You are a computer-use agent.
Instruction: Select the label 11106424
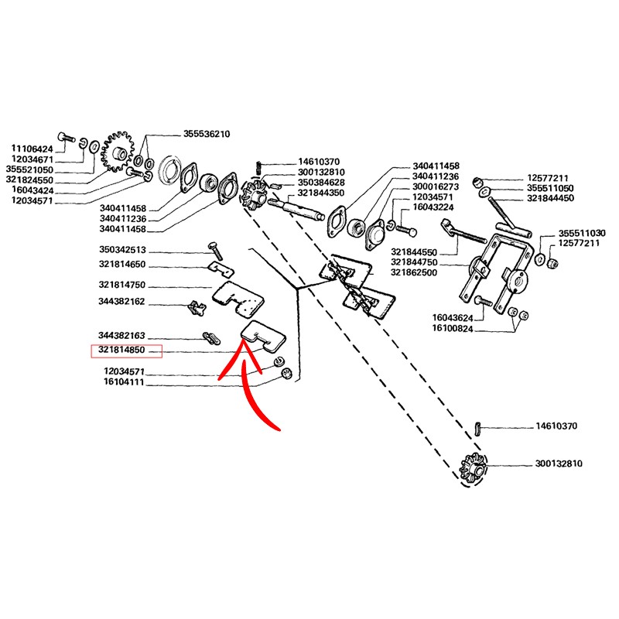(32, 148)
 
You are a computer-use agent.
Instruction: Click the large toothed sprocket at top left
(118, 153)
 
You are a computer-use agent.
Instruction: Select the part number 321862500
(418, 272)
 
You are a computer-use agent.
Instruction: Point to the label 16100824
(450, 329)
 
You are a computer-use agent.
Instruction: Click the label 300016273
(436, 186)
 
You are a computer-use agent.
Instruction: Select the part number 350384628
(321, 182)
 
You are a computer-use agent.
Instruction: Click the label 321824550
(32, 180)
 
